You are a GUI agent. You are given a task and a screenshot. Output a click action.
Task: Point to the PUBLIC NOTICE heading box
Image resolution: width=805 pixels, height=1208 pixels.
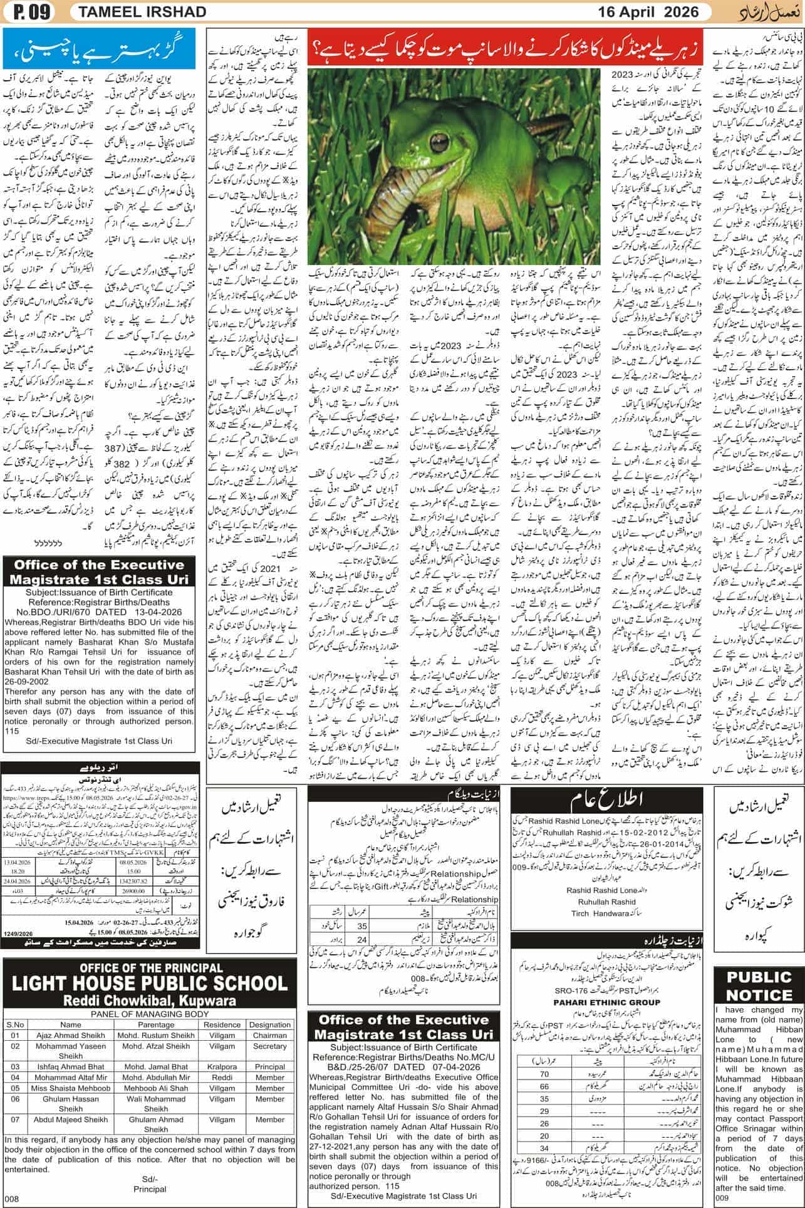[x=759, y=985]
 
